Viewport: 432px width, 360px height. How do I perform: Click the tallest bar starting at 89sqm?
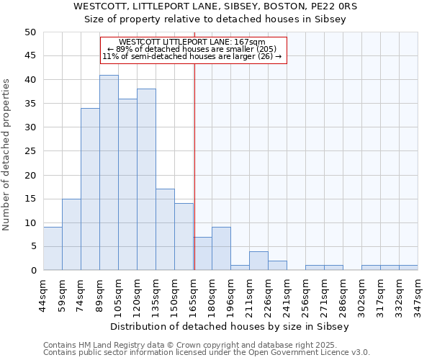(x=109, y=173)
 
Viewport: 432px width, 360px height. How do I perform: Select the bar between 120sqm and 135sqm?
(x=146, y=180)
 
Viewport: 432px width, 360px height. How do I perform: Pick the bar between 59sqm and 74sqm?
(x=71, y=234)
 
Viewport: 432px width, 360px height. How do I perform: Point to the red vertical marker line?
(x=194, y=166)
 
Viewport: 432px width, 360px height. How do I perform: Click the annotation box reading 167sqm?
(x=193, y=50)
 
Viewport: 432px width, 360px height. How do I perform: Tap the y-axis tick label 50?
(x=30, y=32)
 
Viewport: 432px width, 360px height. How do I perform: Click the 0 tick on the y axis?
(x=32, y=271)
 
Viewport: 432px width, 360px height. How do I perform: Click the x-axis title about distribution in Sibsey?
(x=230, y=327)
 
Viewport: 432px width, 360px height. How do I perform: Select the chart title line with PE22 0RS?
(x=215, y=6)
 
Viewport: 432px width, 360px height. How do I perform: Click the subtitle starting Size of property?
(x=215, y=19)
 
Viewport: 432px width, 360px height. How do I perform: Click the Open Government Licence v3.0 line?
(x=207, y=353)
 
